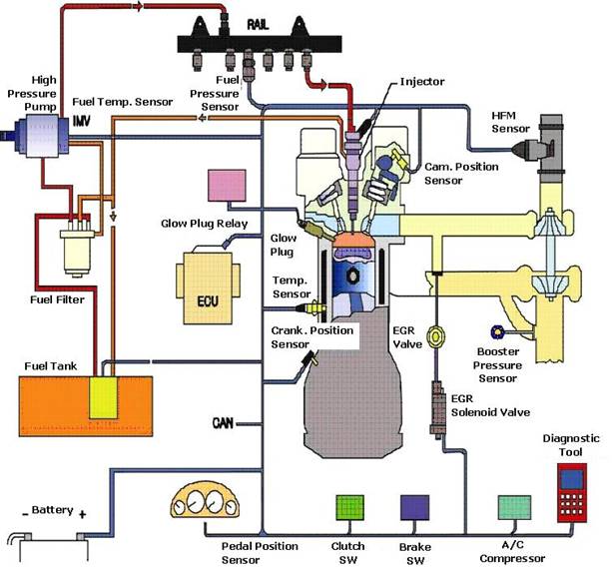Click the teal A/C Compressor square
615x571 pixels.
513,511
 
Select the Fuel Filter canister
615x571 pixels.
74,250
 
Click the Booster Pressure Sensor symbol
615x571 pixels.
492,331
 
